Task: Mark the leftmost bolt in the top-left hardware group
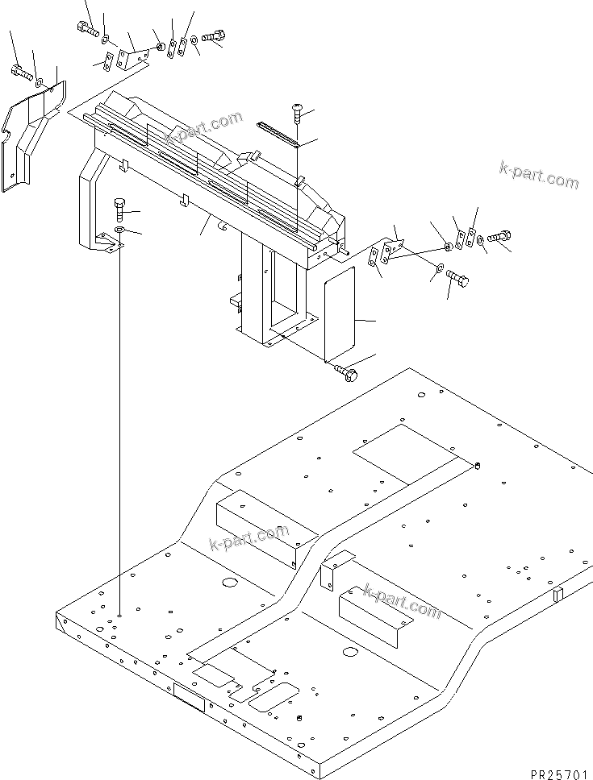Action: coord(86,29)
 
